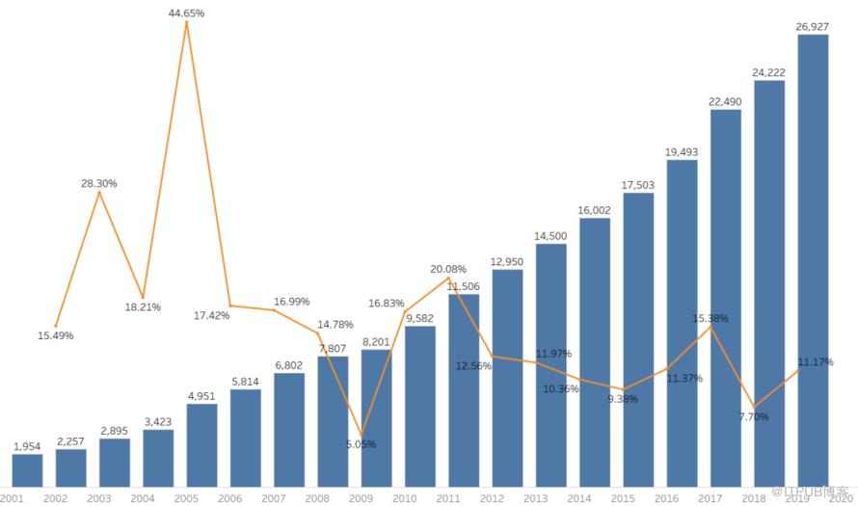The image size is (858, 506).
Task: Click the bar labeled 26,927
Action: tap(813, 260)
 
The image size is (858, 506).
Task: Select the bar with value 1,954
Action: tap(27, 470)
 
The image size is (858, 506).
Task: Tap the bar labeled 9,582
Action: tap(419, 406)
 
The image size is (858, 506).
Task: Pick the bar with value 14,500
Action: tap(550, 365)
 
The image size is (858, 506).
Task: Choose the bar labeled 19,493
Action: tap(682, 323)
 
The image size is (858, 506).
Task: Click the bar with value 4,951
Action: tap(201, 445)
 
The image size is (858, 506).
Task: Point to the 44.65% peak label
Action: tap(186, 13)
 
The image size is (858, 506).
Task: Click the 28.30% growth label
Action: tap(99, 183)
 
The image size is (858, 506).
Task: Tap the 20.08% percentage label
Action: tap(449, 269)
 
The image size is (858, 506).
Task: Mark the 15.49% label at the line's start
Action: tap(55, 335)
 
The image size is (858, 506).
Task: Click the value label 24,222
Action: tap(768, 72)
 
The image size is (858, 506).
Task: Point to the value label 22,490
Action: tap(725, 101)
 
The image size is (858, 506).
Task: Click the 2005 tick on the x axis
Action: tap(186, 497)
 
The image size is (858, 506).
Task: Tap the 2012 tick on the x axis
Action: tap(491, 497)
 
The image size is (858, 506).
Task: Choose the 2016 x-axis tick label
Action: tap(665, 497)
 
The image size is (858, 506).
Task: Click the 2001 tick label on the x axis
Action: tap(12, 497)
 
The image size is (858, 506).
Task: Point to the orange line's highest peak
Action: tap(186, 22)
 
